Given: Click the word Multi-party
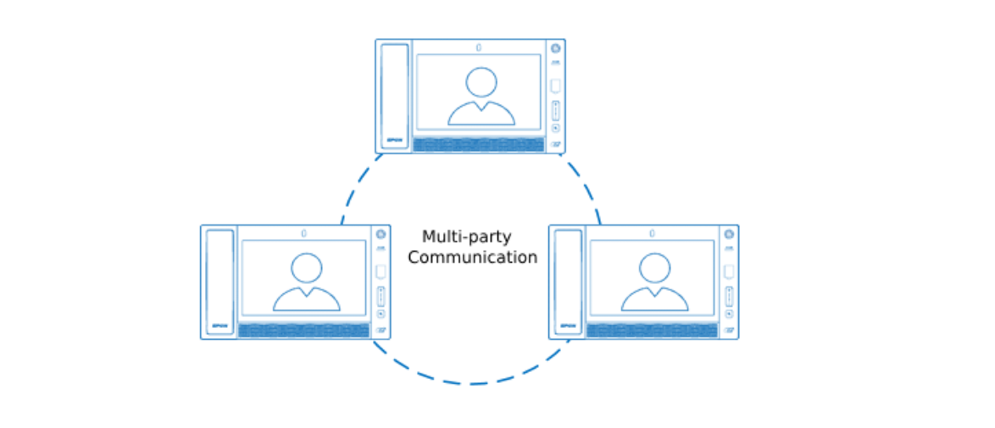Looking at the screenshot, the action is click(467, 236).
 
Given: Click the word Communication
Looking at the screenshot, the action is click(473, 258).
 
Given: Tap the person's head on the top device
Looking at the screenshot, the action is click(481, 82).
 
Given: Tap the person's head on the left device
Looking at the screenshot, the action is click(307, 268).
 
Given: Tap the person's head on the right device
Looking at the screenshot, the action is click(655, 268).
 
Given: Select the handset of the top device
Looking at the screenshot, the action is click(395, 96).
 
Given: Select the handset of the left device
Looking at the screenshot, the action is click(220, 282).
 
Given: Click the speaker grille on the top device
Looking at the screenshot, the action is click(479, 145).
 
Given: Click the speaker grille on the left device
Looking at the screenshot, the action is click(304, 331).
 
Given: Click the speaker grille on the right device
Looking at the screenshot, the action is click(653, 331).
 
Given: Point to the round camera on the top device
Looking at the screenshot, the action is click(555, 48).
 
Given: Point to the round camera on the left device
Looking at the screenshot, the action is click(381, 234).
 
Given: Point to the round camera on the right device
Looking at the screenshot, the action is click(729, 234).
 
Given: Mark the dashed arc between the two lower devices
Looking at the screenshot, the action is click(470, 384).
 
